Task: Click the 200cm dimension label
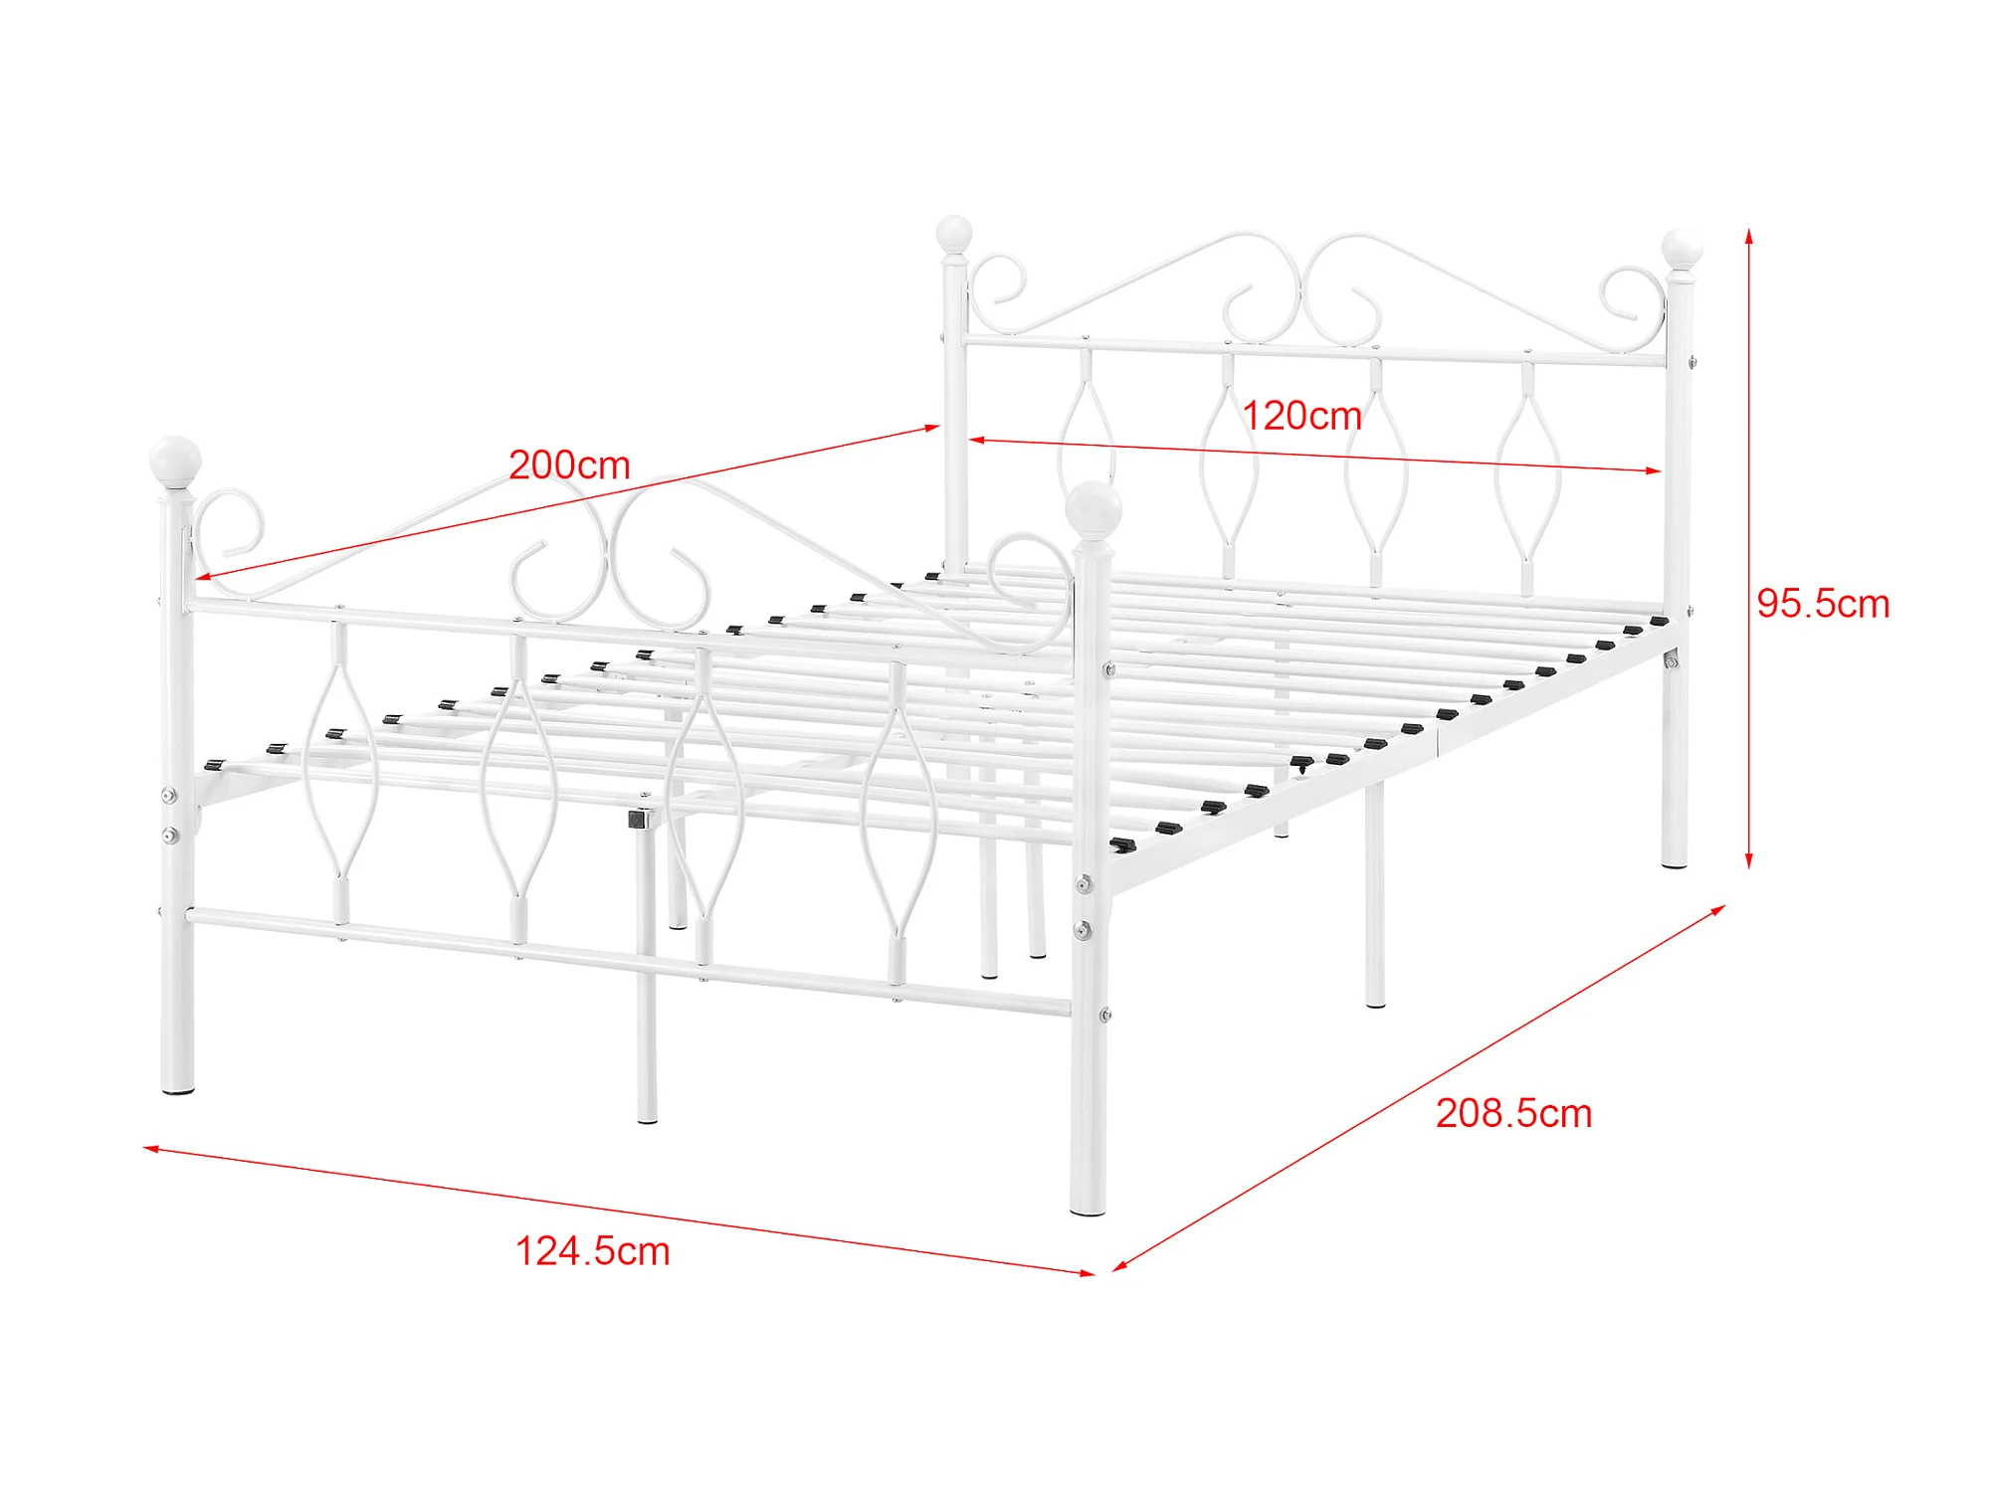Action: [569, 465]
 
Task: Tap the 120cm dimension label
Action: [1301, 416]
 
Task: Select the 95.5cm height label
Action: [1823, 604]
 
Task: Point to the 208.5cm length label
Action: [1513, 1113]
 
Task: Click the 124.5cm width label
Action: [592, 1251]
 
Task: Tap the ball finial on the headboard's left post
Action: [953, 235]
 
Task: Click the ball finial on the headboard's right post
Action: [1682, 248]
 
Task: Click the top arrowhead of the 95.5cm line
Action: [1749, 236]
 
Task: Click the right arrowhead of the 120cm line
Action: [1655, 470]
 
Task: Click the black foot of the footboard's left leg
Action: [178, 1091]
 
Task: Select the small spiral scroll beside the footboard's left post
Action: [230, 521]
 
